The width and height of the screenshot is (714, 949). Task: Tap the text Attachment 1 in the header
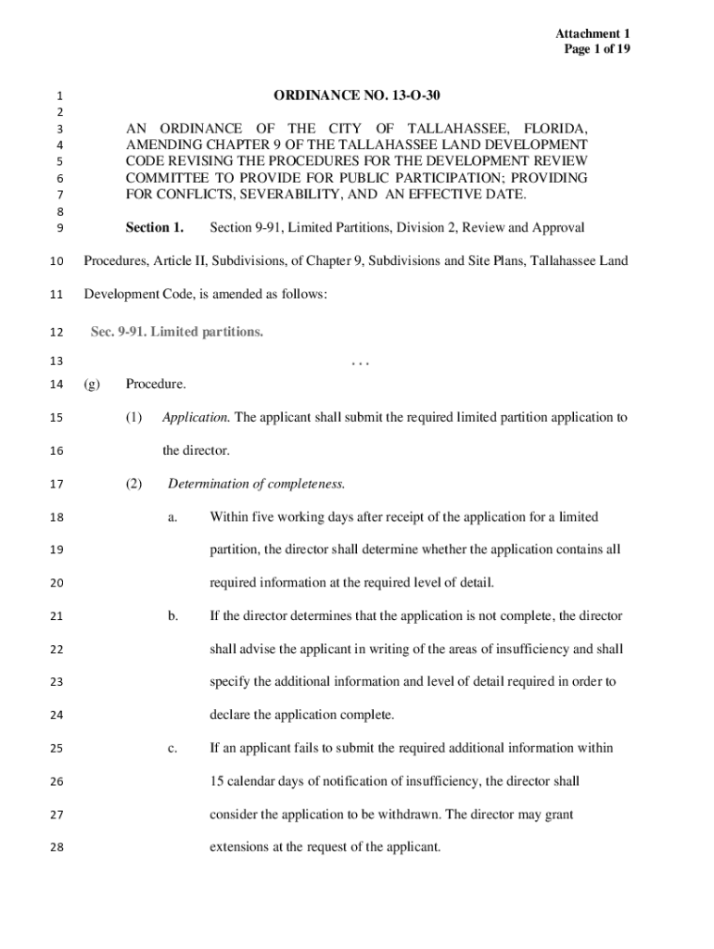coord(596,33)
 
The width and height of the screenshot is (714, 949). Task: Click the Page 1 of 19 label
coord(597,49)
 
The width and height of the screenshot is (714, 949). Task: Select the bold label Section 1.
coord(155,227)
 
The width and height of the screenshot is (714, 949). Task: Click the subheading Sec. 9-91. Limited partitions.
coord(177,332)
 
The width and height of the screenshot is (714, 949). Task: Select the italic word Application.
coord(197,417)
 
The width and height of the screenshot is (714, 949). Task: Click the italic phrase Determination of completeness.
coord(257,483)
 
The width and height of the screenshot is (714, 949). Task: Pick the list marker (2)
coord(134,483)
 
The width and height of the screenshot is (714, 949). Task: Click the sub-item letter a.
coord(172,516)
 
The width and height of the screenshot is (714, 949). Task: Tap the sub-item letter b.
coord(173,615)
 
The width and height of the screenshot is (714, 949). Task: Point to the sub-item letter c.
coord(172,747)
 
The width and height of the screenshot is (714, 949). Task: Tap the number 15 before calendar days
coord(218,780)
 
